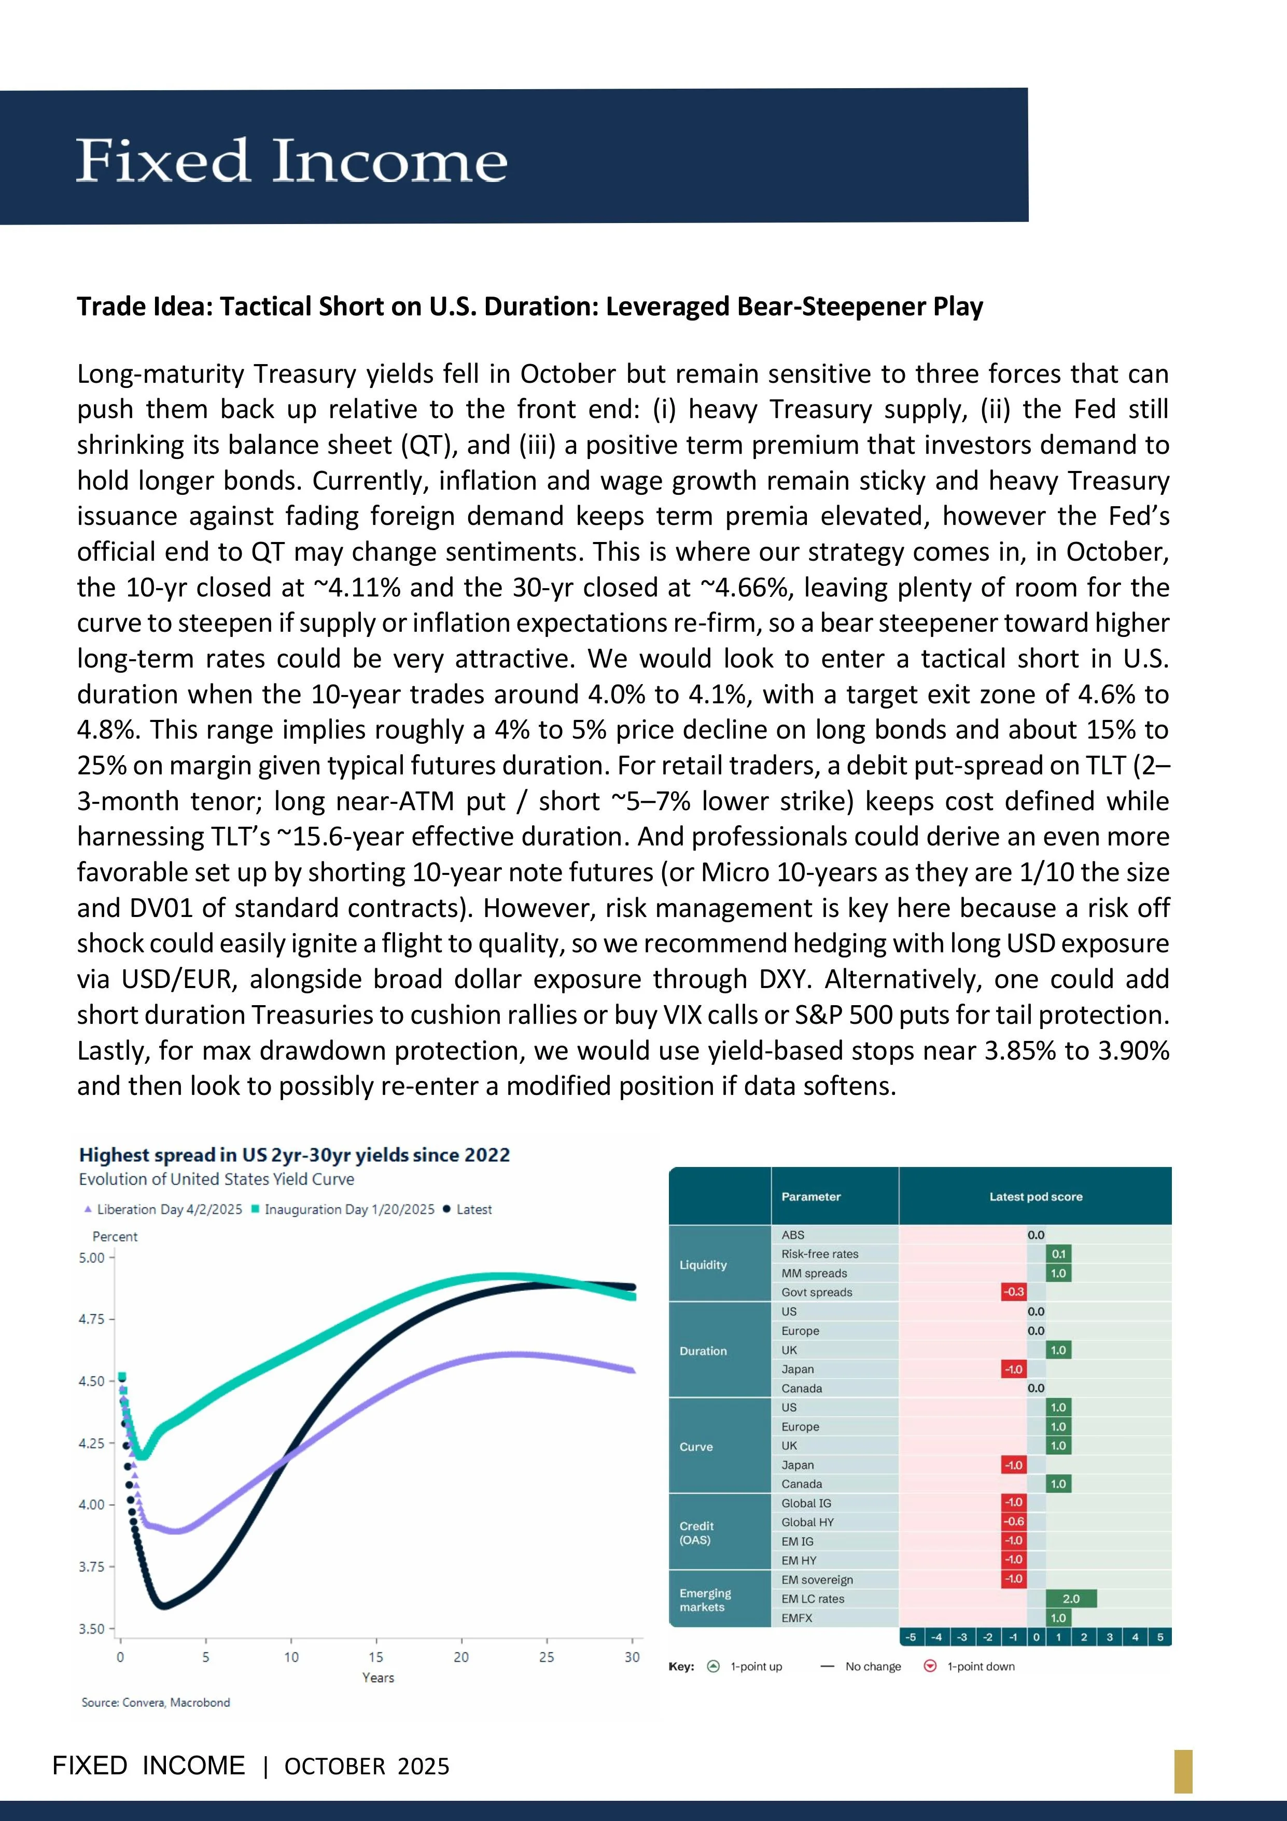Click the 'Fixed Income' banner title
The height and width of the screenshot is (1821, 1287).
coord(291,160)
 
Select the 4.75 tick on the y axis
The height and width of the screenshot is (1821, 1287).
coord(91,1319)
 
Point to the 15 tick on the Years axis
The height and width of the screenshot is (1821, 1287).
coord(376,1657)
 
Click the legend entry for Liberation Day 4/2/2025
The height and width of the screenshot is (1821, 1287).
coord(162,1210)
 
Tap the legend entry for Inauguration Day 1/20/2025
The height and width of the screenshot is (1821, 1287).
coord(343,1210)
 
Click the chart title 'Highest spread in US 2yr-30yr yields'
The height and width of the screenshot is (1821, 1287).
coord(294,1155)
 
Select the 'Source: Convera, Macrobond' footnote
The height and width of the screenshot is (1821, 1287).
coord(156,1702)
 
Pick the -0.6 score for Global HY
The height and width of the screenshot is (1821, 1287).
coord(1013,1521)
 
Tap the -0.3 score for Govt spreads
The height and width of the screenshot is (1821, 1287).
coord(1013,1292)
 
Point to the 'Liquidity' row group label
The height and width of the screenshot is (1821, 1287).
coord(703,1265)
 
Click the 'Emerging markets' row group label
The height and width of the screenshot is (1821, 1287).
coord(705,1600)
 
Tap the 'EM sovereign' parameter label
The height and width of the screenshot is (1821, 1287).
coord(817,1580)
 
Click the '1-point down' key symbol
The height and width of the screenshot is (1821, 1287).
coord(930,1666)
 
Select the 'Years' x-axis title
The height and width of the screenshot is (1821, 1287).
coord(377,1677)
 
